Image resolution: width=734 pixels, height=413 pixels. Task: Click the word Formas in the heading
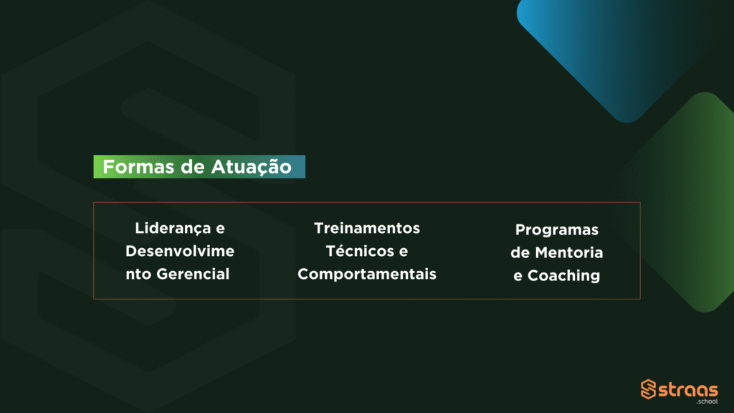[138, 166]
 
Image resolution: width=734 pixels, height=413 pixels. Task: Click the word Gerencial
[193, 274]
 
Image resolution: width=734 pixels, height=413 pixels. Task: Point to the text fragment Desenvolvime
[180, 251]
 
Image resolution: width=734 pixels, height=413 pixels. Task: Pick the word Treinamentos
[367, 228]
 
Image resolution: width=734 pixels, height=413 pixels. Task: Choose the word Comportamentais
[367, 275]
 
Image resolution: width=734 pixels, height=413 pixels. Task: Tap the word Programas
[556, 230]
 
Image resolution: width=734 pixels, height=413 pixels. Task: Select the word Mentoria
[568, 253]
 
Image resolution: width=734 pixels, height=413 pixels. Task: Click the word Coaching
[563, 276]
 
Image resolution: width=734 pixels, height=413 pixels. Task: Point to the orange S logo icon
[648, 389]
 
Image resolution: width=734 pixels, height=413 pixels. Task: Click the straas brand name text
[688, 390]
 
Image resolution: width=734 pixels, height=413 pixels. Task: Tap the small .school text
[707, 402]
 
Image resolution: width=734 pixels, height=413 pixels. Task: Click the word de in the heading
[192, 167]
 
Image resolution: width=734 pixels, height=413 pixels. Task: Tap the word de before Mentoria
[520, 253]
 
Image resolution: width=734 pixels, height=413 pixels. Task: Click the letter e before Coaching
[518, 277]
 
